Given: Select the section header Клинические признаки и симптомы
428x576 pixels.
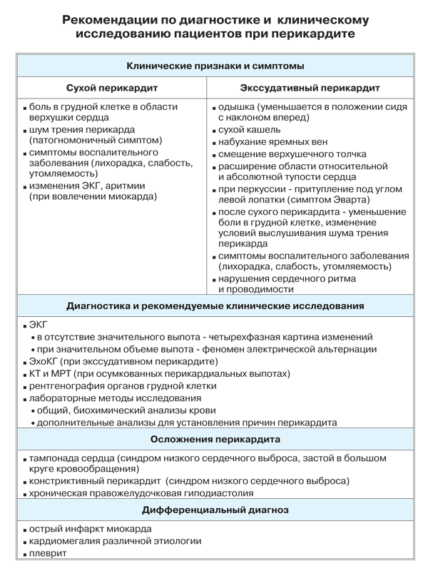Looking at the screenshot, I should pos(215,66).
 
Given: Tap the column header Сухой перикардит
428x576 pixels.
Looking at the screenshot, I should pos(111,89).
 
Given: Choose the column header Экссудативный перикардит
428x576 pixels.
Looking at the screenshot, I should pos(310,89).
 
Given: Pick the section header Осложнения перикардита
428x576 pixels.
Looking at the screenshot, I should pos(215,438).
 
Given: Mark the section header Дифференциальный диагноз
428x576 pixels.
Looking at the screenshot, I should pos(215,510).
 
